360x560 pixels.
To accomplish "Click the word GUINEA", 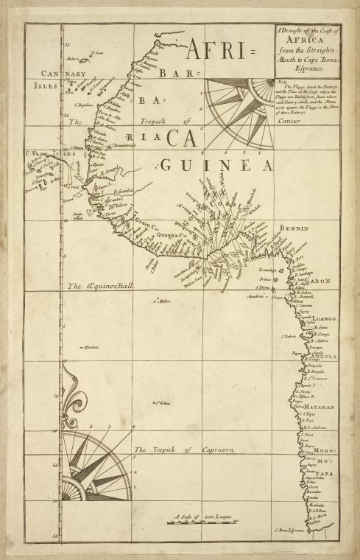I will point(216,164).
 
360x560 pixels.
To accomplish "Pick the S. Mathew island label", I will point(161,301).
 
